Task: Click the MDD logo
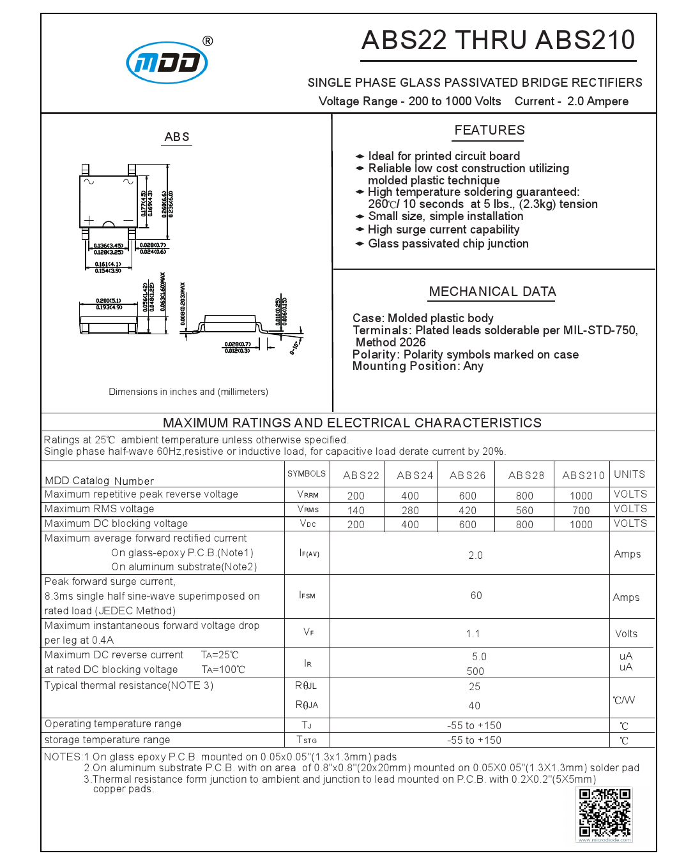[x=167, y=63]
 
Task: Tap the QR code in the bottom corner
[x=604, y=813]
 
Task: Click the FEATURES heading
[x=489, y=130]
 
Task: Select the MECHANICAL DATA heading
[x=492, y=292]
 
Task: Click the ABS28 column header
[x=526, y=475]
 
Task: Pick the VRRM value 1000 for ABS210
[x=581, y=496]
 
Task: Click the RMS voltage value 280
[x=410, y=510]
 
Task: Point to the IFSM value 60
[x=476, y=595]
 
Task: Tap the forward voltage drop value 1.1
[x=473, y=633]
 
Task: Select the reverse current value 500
[x=475, y=671]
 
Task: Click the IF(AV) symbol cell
[x=309, y=553]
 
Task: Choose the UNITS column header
[x=629, y=475]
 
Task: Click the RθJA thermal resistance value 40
[x=474, y=706]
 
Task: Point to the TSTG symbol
[x=307, y=740]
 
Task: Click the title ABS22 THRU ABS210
[x=498, y=40]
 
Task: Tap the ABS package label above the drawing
[x=177, y=137]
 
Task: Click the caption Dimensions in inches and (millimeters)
[x=188, y=392]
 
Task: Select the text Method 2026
[x=390, y=343]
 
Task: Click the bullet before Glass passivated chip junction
[x=360, y=244]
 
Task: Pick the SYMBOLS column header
[x=307, y=474]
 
